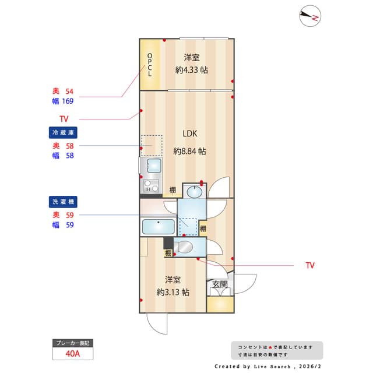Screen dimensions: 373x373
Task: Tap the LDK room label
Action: click(190, 133)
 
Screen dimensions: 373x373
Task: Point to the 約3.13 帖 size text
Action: click(173, 292)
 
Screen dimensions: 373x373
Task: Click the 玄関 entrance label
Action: click(220, 284)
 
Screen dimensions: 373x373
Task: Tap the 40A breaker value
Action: click(72, 353)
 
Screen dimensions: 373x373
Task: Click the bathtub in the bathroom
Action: click(159, 226)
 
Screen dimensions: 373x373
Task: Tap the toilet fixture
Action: click(184, 247)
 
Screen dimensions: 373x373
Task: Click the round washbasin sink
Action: click(194, 191)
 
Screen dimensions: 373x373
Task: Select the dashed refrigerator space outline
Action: click(152, 145)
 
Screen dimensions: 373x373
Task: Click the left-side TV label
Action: click(64, 119)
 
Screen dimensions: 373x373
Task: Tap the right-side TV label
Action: click(309, 265)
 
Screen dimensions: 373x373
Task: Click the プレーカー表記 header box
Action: click(72, 343)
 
